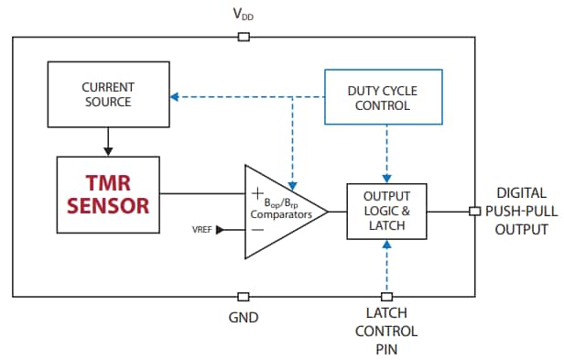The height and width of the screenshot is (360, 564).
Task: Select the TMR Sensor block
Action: (x=108, y=193)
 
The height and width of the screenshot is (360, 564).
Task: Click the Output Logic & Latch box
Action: (x=386, y=212)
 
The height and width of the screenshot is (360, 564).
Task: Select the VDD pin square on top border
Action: (x=244, y=37)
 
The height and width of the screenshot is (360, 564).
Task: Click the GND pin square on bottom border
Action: (x=243, y=296)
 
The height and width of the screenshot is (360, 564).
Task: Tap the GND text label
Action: (x=243, y=318)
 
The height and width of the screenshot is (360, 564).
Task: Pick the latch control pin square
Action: (x=386, y=296)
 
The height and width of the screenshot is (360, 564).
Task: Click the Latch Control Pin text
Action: (x=386, y=332)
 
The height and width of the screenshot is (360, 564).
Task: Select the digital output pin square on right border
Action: (x=473, y=212)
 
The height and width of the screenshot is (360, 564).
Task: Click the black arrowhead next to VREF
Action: (x=220, y=230)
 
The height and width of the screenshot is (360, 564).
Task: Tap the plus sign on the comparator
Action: (x=256, y=193)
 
